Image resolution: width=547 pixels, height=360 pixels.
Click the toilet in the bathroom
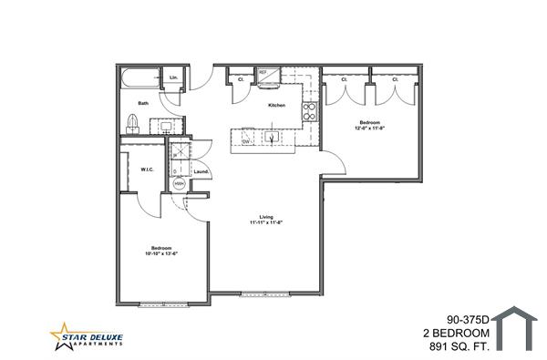tap(133, 123)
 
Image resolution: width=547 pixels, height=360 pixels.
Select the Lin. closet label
tap(173, 78)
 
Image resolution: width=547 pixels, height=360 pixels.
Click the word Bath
tap(143, 103)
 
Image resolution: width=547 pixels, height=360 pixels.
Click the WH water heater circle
tap(179, 182)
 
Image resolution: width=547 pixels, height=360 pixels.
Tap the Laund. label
tap(202, 170)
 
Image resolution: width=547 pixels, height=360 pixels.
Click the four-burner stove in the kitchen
tap(309, 111)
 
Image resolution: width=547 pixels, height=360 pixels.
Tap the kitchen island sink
tap(271, 137)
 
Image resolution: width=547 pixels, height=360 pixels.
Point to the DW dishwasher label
tap(246, 141)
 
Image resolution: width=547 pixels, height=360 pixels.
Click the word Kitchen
tap(276, 106)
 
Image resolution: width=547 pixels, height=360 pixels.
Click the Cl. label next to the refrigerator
tap(241, 79)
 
